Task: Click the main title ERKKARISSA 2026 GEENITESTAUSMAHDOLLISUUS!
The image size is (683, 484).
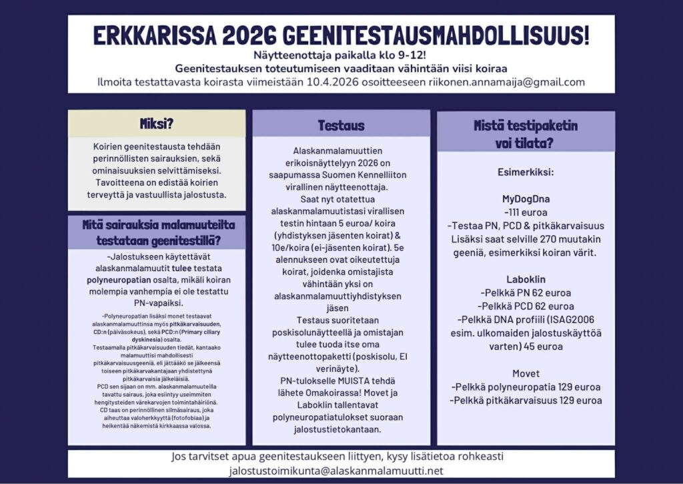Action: coord(341,36)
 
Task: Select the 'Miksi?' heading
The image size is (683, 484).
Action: coord(157,124)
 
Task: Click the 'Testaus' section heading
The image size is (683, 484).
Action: coord(341,125)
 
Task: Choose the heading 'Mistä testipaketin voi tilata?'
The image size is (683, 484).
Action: coord(526,134)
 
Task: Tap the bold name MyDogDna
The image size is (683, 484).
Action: coord(526,199)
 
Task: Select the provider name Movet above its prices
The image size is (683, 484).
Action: coord(526,373)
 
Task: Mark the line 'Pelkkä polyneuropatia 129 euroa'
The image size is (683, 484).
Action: coord(526,387)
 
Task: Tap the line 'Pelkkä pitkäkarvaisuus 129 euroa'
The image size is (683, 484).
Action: coord(526,400)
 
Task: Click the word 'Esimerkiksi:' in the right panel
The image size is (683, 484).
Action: coord(526,172)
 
